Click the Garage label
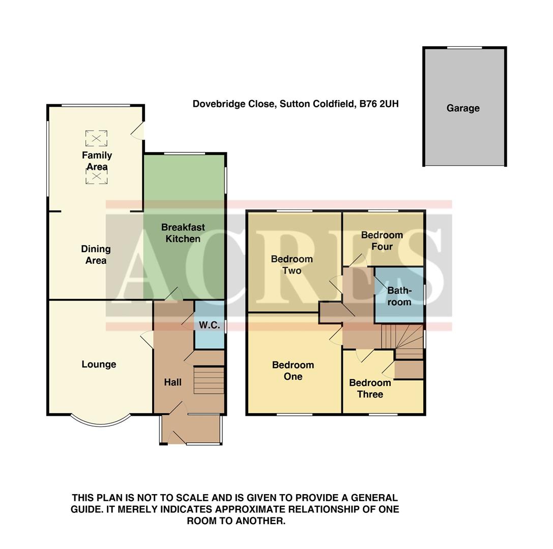point(463,108)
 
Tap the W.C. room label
point(209,325)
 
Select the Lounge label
point(99,364)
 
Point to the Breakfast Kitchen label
point(183,233)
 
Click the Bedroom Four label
point(382,241)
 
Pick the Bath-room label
point(399,296)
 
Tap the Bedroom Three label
point(370,388)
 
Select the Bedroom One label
point(293,371)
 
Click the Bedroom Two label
point(292,265)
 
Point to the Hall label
point(172,382)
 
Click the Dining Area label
point(96,255)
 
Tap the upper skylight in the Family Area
point(96,138)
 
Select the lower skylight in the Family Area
point(96,177)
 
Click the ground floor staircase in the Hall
point(209,380)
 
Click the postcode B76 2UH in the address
point(379,104)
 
